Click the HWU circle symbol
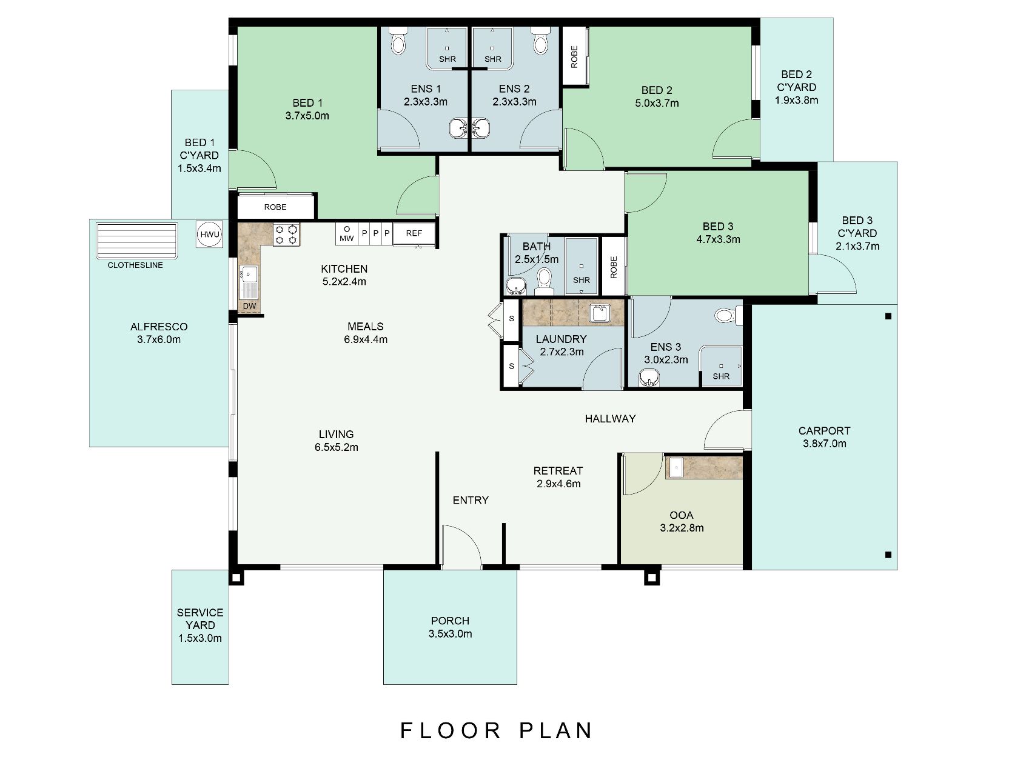pos(210,235)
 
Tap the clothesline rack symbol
pos(136,241)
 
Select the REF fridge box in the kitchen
pos(414,234)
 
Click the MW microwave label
pos(346,239)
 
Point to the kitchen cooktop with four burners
pos(286,235)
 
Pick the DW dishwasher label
pos(249,306)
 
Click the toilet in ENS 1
pos(398,41)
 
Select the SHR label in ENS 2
pos(492,59)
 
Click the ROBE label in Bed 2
pos(574,57)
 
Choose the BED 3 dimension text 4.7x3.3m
pos(718,239)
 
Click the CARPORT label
pos(824,431)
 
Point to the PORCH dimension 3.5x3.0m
pos(450,634)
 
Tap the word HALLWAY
pos(610,419)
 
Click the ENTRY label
pos(471,500)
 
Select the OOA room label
pos(682,515)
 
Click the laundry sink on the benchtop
pos(600,313)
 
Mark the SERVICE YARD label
pos(200,619)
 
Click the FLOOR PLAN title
pos(497,731)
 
